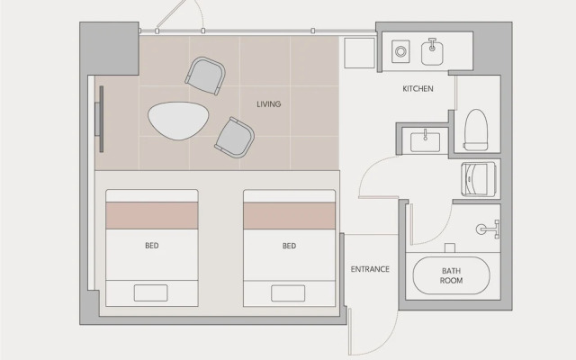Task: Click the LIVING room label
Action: (x=268, y=104)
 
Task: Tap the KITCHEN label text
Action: (x=418, y=88)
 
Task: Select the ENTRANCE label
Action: (x=370, y=269)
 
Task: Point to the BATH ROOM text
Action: (x=451, y=275)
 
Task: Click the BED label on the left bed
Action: (x=152, y=246)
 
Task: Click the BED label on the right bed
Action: (x=289, y=246)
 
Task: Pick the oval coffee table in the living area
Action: (x=178, y=121)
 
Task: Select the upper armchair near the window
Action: (x=205, y=76)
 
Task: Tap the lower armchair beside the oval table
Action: (x=235, y=138)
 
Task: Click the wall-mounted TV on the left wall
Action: (x=100, y=119)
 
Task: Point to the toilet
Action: (x=476, y=130)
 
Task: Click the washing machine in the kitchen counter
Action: (x=400, y=51)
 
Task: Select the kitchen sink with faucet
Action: (x=432, y=52)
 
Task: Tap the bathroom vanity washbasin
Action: (x=425, y=141)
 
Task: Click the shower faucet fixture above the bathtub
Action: (x=488, y=229)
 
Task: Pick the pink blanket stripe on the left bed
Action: (x=152, y=216)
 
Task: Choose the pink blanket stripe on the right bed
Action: (x=290, y=216)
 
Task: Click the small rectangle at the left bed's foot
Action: (x=150, y=293)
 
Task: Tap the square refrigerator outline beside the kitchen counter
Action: (x=359, y=53)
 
